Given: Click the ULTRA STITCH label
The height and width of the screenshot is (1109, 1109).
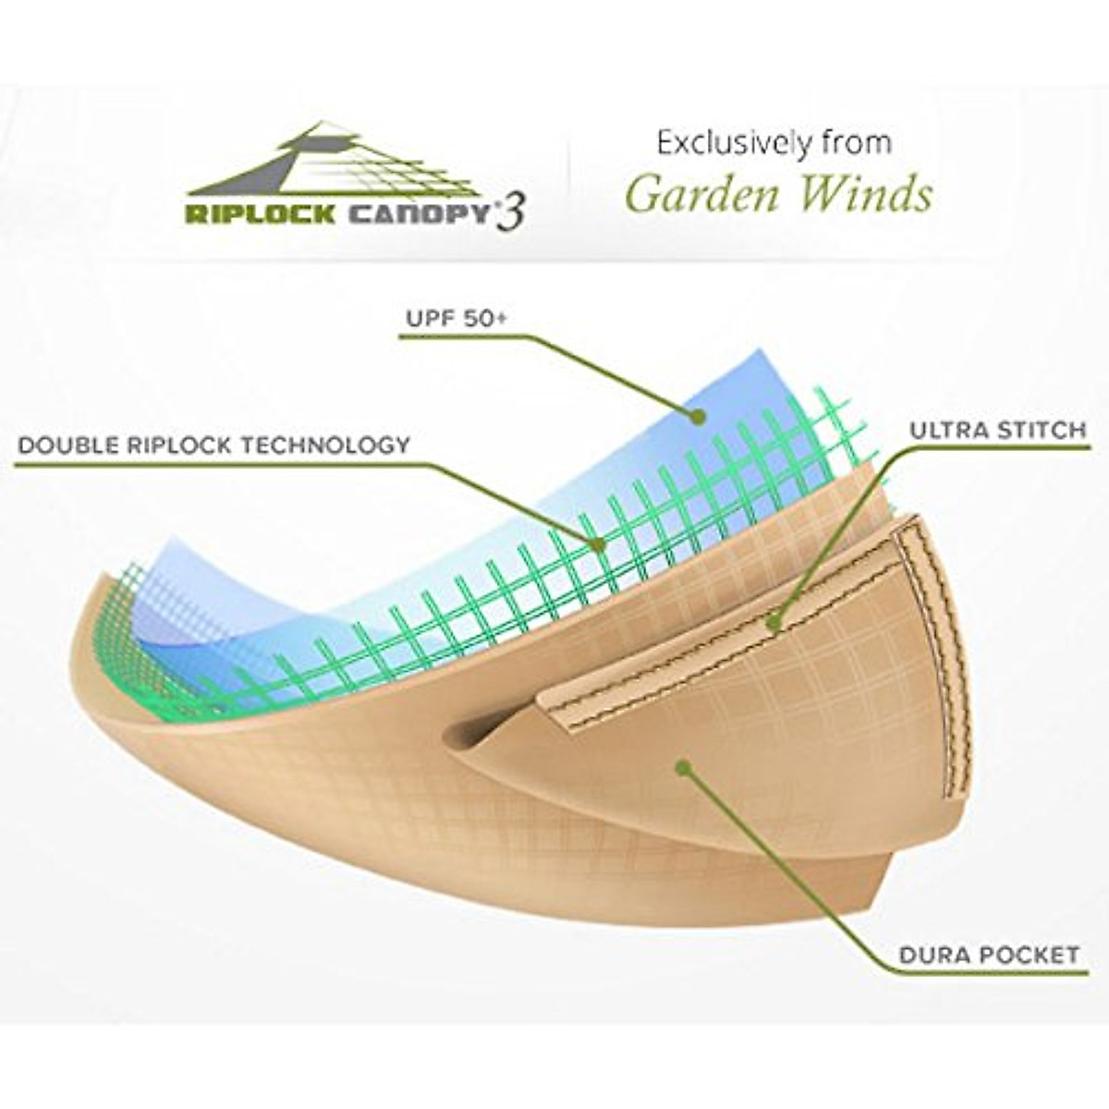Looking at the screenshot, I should coord(996,430).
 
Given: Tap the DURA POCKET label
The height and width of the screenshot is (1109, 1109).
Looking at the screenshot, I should coord(988,954).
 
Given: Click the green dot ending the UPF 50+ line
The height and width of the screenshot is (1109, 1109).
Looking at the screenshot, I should coord(699,417).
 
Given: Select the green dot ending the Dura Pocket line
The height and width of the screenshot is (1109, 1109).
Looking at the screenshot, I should coord(683,767).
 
